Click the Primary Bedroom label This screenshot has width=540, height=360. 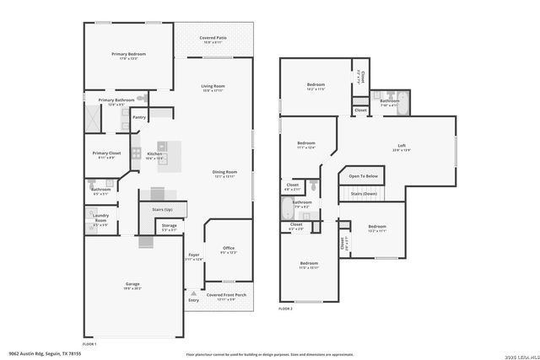[x=129, y=53]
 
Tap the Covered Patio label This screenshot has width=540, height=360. [x=213, y=38]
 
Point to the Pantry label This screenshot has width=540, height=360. [x=139, y=117]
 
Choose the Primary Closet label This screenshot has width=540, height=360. [x=105, y=153]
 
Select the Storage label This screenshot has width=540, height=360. [x=169, y=225]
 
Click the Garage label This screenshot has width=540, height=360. [x=132, y=283]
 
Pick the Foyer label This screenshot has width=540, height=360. [x=194, y=255]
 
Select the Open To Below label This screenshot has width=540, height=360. [x=363, y=176]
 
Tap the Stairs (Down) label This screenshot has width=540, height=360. [x=364, y=194]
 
